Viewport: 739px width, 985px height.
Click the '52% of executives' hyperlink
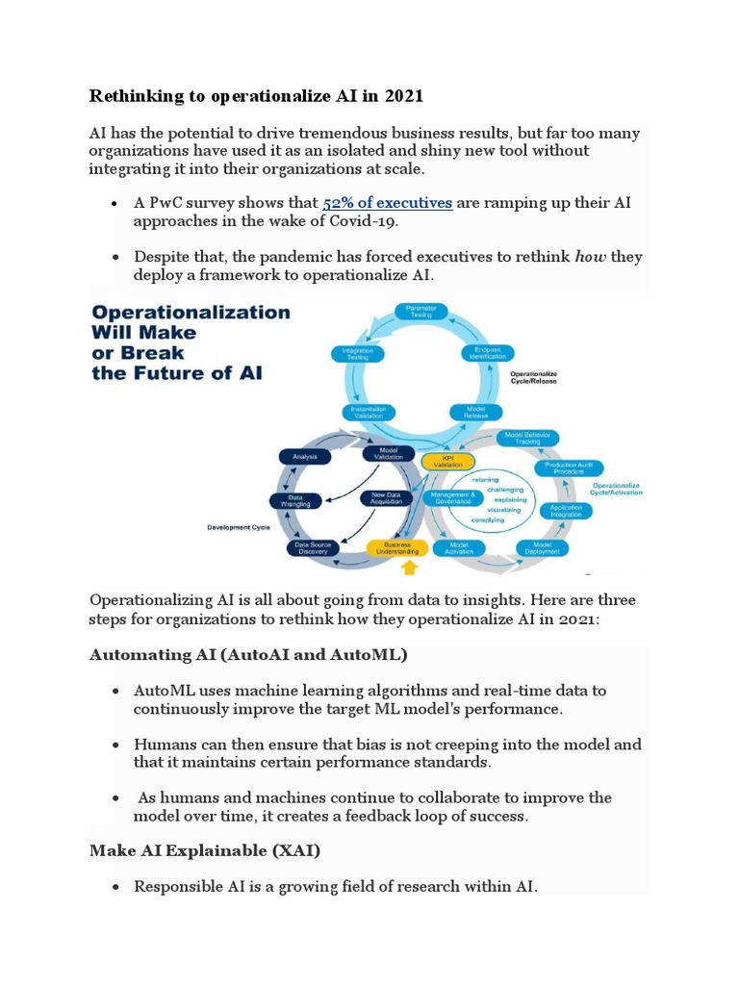pos(388,203)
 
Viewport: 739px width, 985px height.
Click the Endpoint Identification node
pos(488,353)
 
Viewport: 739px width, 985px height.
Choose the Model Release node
pos(474,412)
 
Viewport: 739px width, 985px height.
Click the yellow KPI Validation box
pos(447,461)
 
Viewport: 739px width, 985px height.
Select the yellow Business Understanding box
pos(395,548)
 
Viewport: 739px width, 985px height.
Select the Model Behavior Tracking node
pos(526,439)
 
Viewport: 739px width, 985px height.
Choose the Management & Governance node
pos(451,498)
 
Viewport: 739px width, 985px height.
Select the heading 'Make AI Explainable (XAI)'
pos(205,850)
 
